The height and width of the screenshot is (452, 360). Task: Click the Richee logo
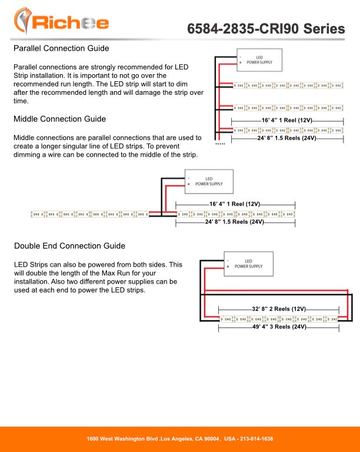coord(61,22)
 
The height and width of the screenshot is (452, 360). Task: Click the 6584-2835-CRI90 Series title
coord(266,29)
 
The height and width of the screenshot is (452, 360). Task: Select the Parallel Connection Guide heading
coord(61,48)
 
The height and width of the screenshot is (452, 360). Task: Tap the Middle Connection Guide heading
coord(59,119)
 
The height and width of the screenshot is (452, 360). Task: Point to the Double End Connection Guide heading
coord(69,245)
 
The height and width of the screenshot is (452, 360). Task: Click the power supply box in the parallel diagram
coord(259,59)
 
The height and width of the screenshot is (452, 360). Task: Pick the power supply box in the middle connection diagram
coord(209,181)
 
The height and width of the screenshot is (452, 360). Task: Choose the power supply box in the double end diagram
coord(249,264)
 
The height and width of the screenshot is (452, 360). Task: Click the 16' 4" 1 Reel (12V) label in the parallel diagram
coord(286,120)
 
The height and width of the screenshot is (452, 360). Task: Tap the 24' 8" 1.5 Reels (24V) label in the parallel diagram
coord(286,138)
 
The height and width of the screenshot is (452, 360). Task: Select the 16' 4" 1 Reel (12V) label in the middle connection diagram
coord(235,204)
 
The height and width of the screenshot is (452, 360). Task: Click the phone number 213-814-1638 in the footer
coord(251,439)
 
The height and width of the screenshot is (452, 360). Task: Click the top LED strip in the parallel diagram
coord(288,85)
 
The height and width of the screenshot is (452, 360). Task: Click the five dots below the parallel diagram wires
coord(220,144)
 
